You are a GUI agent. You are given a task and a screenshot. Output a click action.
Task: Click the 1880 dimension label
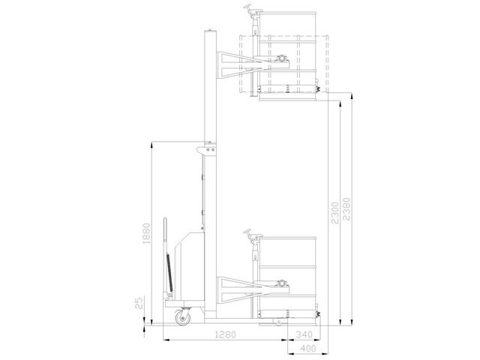(x=147, y=233)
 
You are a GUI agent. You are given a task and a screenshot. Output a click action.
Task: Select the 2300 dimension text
(x=335, y=213)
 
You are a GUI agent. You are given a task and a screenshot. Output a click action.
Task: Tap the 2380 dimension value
(x=346, y=209)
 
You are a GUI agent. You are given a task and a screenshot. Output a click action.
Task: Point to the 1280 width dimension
(x=225, y=334)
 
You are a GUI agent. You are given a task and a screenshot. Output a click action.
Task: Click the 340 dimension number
(x=304, y=334)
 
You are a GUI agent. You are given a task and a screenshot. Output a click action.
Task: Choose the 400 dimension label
(x=308, y=348)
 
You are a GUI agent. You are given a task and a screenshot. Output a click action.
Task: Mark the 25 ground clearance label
(x=139, y=302)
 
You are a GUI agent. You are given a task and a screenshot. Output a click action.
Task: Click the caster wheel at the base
(x=183, y=316)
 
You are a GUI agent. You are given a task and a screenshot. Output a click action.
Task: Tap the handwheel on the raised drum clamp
(x=248, y=7)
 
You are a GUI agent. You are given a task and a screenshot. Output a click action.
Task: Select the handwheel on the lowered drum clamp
(x=248, y=233)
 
